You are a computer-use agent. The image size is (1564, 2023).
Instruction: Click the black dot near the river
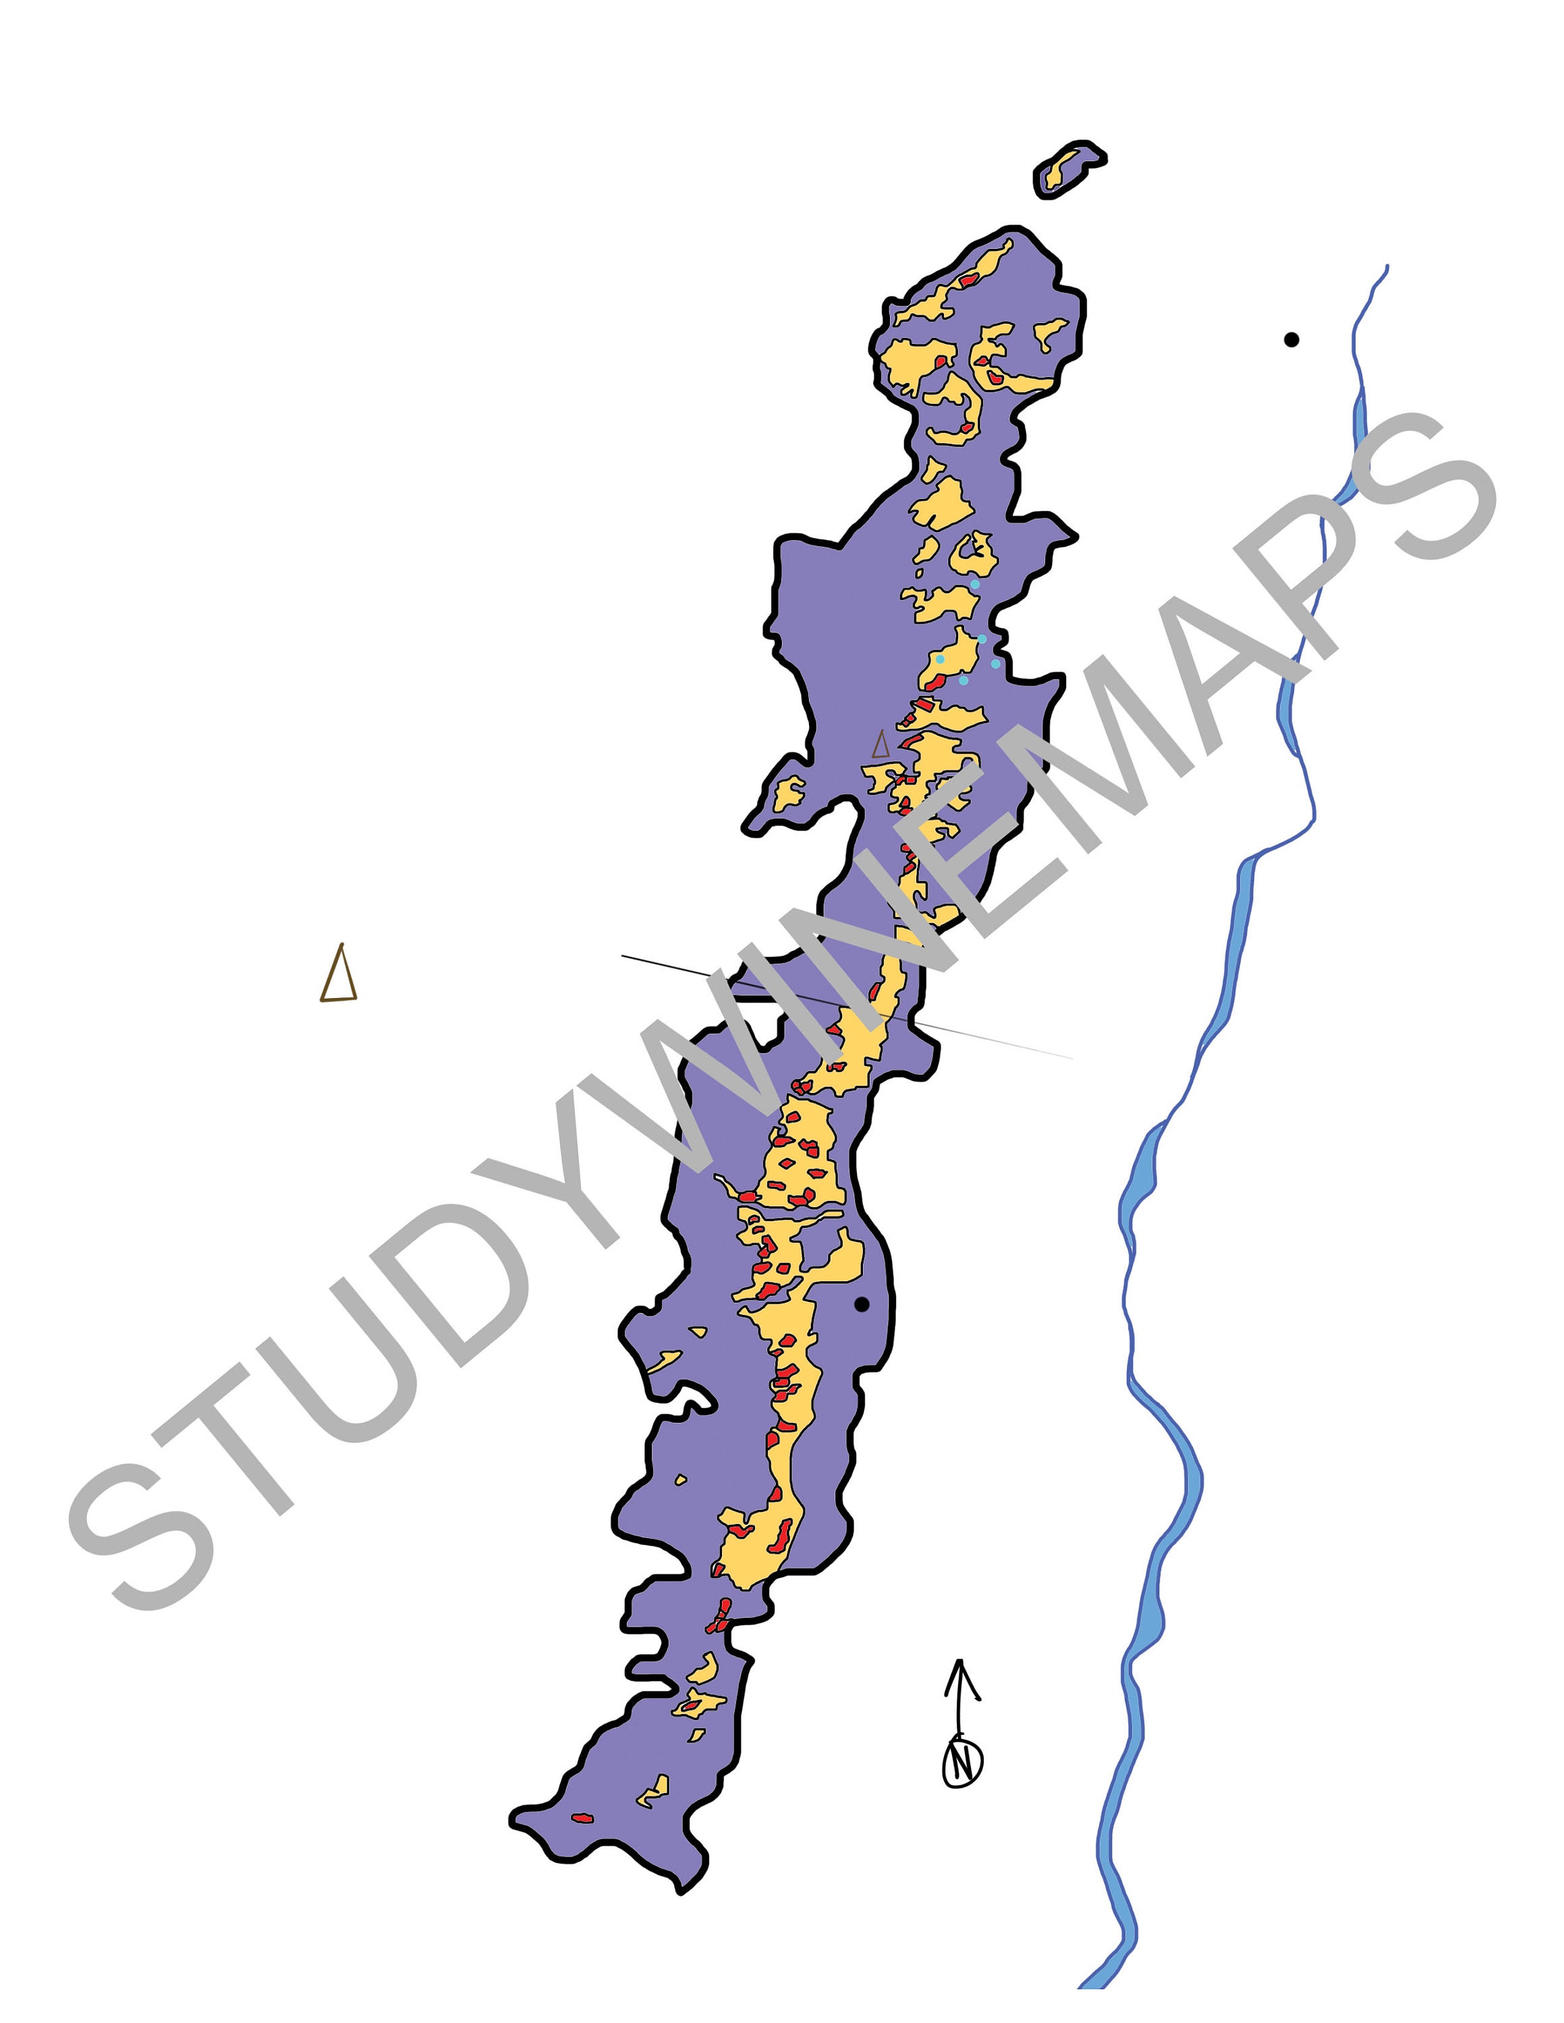coord(1291,340)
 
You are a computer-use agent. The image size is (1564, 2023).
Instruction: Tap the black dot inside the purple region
coord(861,1304)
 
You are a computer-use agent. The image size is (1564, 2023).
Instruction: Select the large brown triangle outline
coord(338,975)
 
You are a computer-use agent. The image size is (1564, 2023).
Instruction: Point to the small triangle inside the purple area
coord(881,744)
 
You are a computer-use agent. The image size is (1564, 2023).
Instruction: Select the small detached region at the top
coord(1068,168)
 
